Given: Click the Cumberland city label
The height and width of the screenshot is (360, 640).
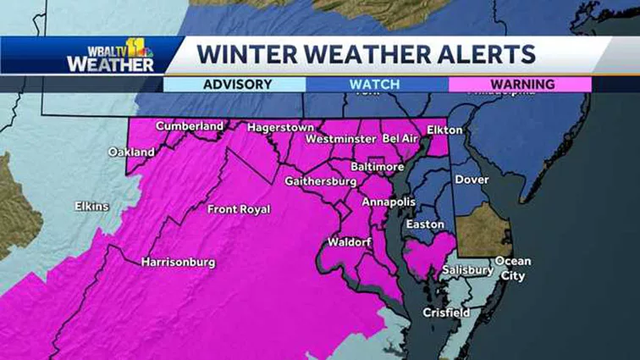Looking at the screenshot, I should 189,126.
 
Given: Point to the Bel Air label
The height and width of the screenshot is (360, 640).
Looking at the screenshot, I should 402,137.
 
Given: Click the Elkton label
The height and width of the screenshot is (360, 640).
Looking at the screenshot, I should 445,130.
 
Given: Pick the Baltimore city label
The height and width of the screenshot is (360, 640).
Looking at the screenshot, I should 378,167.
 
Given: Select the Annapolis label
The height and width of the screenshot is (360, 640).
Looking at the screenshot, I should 389,202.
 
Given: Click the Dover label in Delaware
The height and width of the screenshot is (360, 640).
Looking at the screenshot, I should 472,180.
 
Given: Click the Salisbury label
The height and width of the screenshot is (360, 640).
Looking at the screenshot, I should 467,270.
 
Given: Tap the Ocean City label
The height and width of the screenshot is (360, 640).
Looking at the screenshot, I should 512,269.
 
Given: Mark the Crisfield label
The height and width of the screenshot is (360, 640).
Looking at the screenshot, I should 446,313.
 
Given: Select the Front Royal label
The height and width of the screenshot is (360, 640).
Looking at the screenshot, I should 239,209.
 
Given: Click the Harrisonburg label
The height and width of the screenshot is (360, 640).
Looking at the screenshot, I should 178,262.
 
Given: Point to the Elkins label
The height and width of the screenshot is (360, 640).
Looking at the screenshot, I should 91,205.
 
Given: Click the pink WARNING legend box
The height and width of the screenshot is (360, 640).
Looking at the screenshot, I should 520,85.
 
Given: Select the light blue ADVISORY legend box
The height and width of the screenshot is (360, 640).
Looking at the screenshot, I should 234,85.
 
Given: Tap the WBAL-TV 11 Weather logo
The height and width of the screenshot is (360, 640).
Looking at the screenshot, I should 110,55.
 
